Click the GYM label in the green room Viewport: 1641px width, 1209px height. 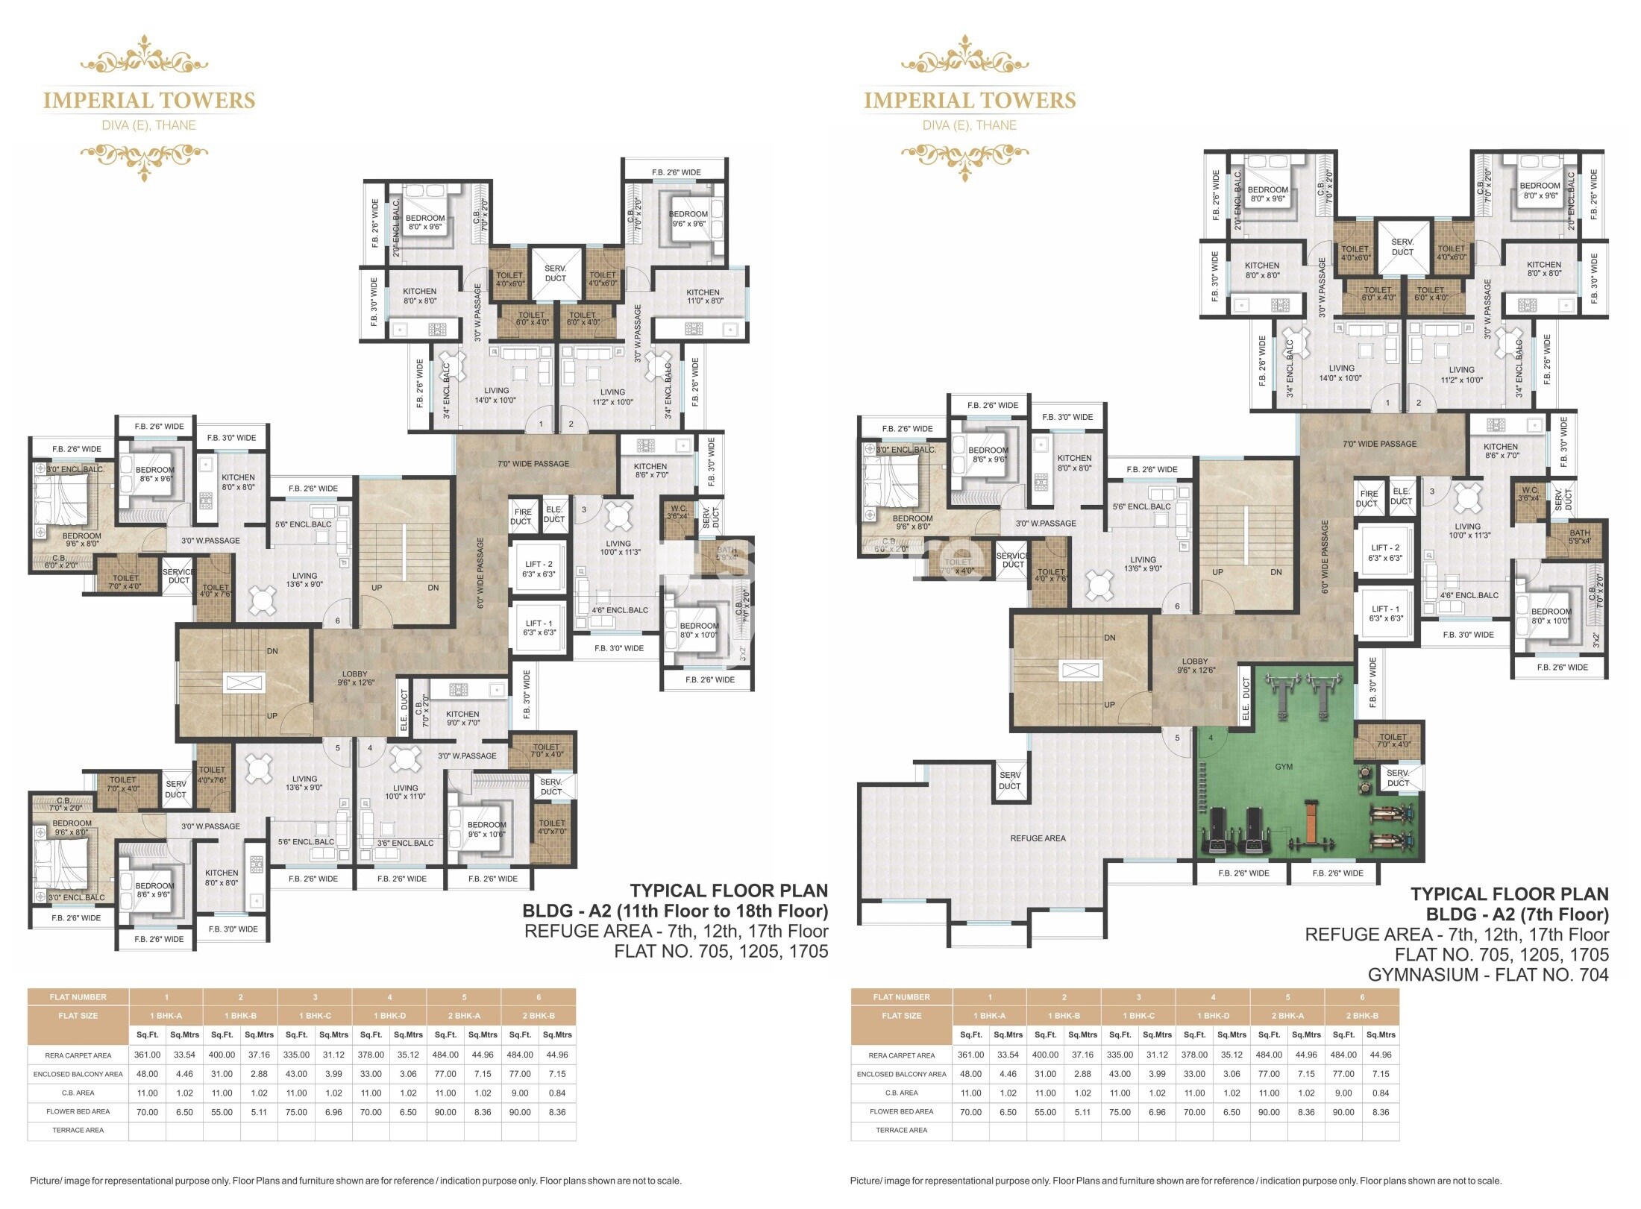tap(1283, 767)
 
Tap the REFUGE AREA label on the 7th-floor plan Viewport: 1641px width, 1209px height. tap(1037, 838)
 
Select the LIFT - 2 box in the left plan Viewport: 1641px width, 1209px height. tap(539, 569)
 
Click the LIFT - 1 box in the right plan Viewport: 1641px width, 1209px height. tap(1385, 614)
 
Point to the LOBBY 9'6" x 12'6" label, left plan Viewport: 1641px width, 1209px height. tap(355, 678)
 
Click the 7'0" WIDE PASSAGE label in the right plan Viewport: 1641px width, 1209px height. tap(1379, 444)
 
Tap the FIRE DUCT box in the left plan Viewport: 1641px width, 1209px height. tap(522, 516)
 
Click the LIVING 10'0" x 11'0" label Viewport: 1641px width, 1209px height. tap(405, 792)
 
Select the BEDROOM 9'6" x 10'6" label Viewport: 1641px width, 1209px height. tap(486, 829)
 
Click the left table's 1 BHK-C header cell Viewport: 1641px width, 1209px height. tap(315, 1016)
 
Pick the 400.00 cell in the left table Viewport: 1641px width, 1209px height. tap(222, 1055)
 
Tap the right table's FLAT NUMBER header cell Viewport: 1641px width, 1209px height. tap(901, 997)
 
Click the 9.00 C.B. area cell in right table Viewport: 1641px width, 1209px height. tap(1343, 1093)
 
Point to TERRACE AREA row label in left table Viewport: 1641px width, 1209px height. tap(78, 1130)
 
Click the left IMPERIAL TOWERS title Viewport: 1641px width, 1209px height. tap(149, 101)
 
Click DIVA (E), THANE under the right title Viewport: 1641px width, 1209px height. tap(969, 125)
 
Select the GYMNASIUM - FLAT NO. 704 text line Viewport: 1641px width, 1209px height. tap(1487, 974)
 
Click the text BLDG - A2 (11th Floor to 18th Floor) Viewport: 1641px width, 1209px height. tap(674, 911)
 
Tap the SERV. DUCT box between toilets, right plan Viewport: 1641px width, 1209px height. tap(1402, 247)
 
